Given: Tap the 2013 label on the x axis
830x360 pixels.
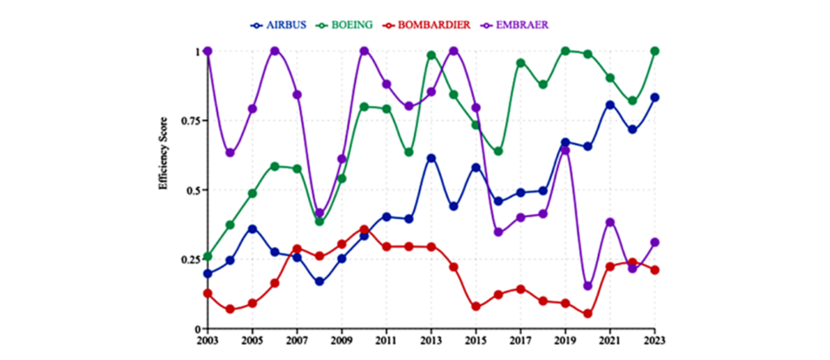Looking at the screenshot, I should pyautogui.click(x=431, y=341).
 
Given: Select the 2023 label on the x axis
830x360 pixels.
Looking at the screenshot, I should pyautogui.click(x=654, y=341).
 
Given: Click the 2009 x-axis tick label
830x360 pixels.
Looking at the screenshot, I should pyautogui.click(x=341, y=341).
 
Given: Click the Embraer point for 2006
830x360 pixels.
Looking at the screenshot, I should pyautogui.click(x=275, y=51).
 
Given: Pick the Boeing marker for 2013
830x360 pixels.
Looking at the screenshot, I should pyautogui.click(x=431, y=55).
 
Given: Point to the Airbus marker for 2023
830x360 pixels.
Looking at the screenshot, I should pyautogui.click(x=654, y=97).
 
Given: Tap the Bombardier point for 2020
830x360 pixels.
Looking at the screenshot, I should pyautogui.click(x=588, y=314).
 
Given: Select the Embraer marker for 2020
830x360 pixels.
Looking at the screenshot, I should pyautogui.click(x=588, y=286).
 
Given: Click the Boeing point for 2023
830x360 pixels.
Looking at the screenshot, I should pyautogui.click(x=654, y=51).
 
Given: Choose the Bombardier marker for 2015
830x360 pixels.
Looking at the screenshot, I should pyautogui.click(x=476, y=307).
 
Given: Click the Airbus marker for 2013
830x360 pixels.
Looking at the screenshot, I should pyautogui.click(x=431, y=158).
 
